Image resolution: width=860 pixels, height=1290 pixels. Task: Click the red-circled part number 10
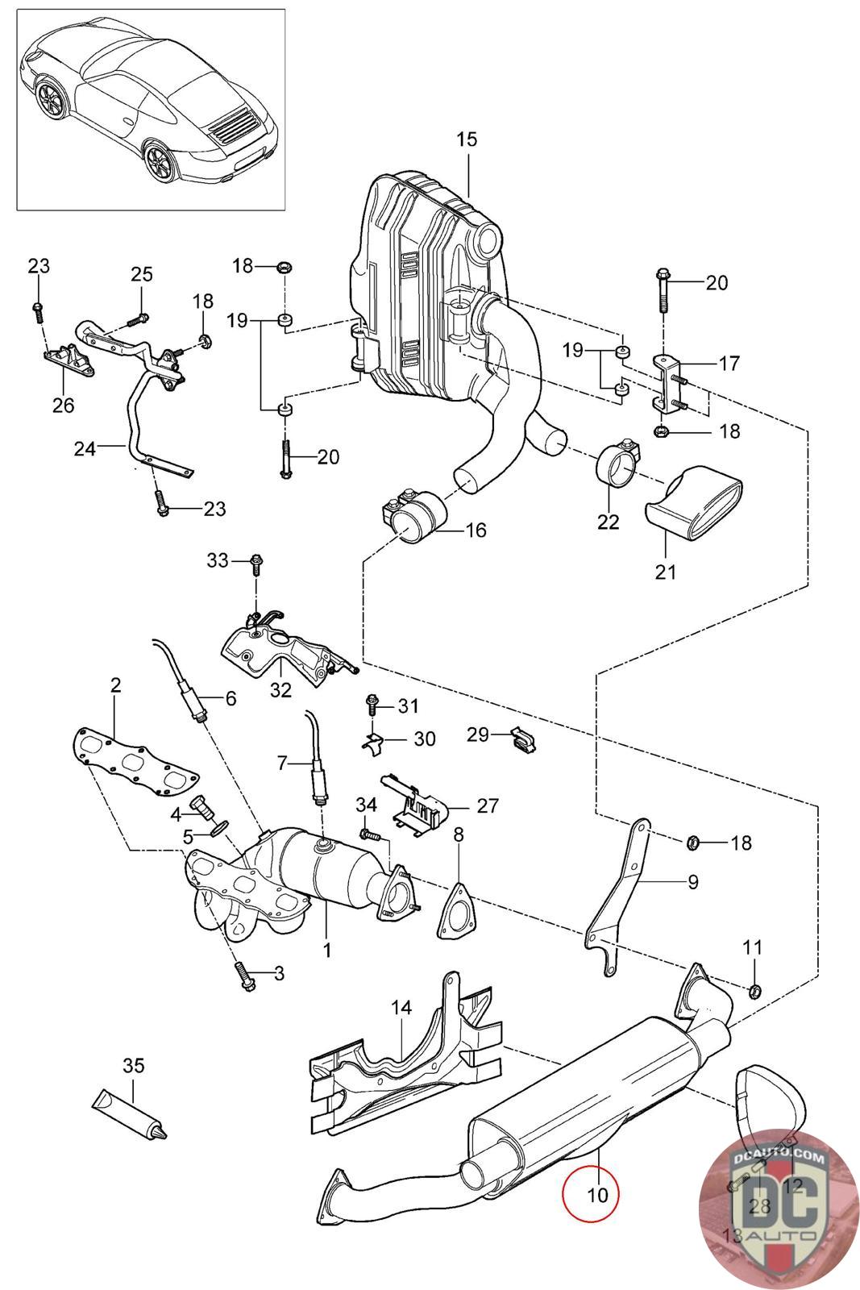coord(597,1195)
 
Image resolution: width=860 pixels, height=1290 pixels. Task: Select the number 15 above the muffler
coord(466,139)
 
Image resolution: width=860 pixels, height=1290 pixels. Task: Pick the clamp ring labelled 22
coord(618,469)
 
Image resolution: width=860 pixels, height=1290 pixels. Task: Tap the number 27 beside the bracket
coord(488,805)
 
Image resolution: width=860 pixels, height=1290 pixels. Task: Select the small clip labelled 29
coord(524,739)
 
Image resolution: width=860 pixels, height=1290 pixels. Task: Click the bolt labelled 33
coord(256,560)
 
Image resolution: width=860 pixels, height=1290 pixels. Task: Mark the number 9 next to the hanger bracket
coord(693,881)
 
